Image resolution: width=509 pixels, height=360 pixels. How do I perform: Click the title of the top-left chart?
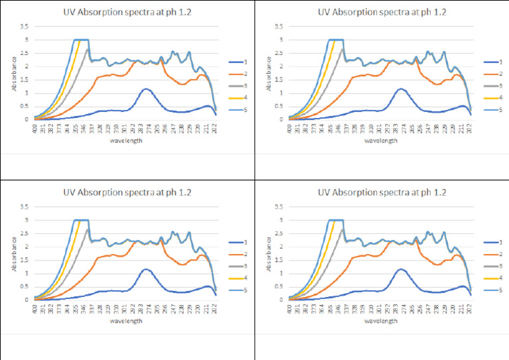(128, 12)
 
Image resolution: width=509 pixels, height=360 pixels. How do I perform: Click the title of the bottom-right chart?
(382, 192)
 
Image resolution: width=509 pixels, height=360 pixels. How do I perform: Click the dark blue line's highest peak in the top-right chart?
(400, 88)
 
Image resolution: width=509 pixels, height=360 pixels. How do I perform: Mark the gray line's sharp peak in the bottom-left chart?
(87, 229)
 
